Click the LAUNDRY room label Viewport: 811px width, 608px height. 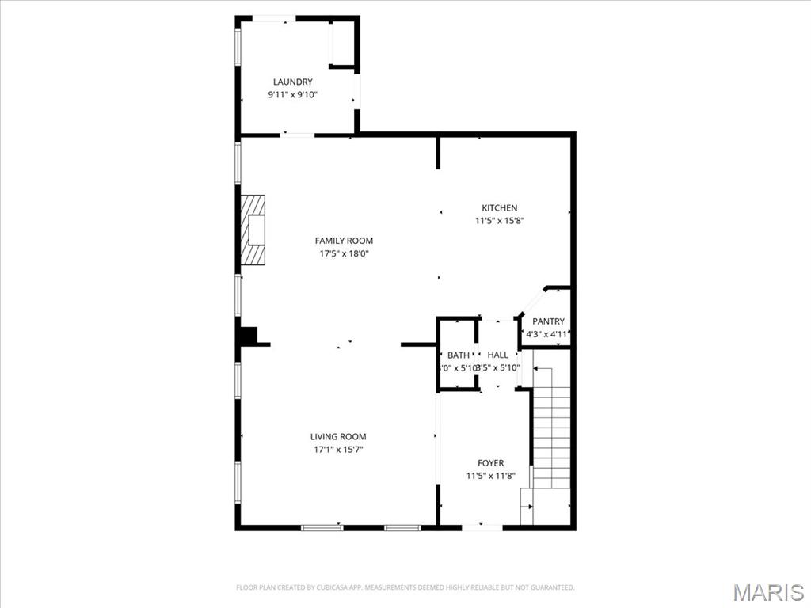click(292, 82)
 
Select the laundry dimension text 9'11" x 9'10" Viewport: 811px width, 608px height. click(292, 95)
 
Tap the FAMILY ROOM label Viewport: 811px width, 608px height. click(344, 241)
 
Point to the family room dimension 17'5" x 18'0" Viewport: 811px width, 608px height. click(344, 254)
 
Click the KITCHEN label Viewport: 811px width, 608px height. click(499, 207)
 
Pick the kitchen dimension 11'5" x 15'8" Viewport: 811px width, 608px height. click(499, 221)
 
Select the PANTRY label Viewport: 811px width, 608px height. click(548, 321)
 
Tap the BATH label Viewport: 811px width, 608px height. click(458, 355)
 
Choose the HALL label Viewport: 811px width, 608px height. click(498, 355)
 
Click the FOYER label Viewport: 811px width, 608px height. click(490, 463)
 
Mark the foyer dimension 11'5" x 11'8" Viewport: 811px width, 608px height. click(490, 476)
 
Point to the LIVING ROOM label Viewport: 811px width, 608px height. click(338, 436)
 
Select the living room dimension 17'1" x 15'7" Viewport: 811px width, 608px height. click(338, 450)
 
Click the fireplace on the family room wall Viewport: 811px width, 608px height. click(253, 230)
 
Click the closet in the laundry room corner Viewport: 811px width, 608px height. click(342, 43)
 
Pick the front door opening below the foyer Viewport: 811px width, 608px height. click(482, 526)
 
